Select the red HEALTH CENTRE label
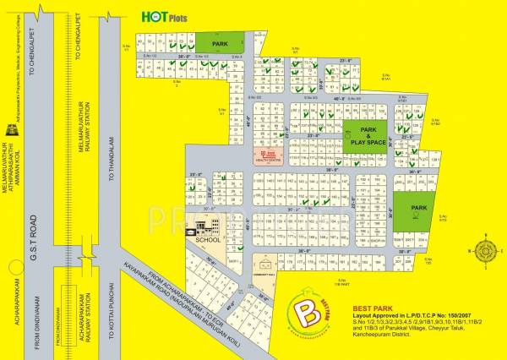(x=270, y=157)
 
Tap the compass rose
(x=488, y=250)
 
